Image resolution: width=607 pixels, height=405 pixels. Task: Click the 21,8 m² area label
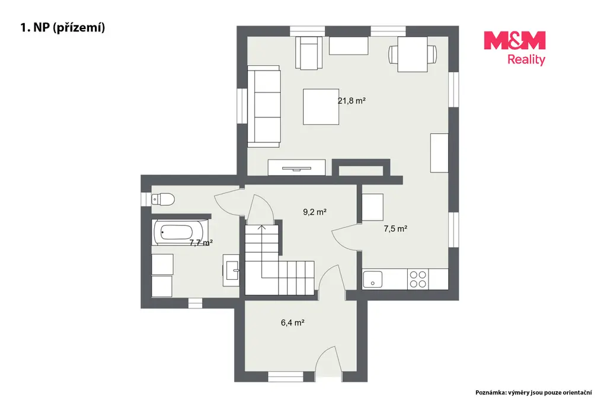(352, 101)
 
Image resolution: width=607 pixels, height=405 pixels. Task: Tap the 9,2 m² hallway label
(315, 212)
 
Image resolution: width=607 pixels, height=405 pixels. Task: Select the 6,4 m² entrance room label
(293, 323)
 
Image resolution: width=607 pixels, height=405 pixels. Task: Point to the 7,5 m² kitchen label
(395, 229)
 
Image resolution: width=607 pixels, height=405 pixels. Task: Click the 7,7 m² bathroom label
(201, 243)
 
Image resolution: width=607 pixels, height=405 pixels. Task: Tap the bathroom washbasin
(232, 270)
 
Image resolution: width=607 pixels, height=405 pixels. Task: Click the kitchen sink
(373, 279)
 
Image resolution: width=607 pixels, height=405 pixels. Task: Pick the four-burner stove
(418, 279)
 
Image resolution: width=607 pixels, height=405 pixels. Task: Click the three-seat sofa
(264, 106)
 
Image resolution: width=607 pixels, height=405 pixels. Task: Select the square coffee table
(321, 107)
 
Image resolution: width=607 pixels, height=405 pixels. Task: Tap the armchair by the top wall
(309, 53)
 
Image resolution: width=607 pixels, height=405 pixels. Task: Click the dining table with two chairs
(413, 54)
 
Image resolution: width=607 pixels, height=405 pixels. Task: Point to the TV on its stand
(296, 168)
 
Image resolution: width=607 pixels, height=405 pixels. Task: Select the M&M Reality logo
(515, 49)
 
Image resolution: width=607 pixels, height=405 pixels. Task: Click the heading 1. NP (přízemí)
(63, 27)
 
